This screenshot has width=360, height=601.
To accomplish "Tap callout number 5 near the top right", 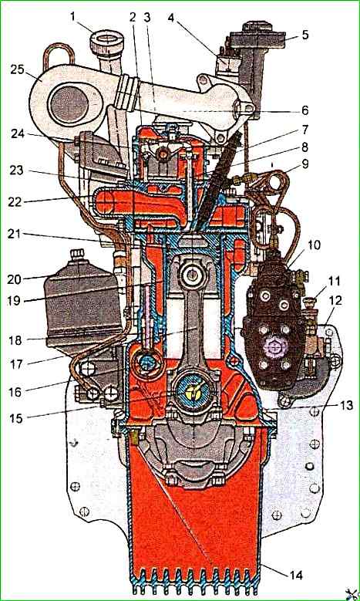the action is click(304, 35).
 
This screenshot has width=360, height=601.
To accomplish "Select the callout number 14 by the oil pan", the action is click(296, 575).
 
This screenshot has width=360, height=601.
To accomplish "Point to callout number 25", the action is click(17, 69).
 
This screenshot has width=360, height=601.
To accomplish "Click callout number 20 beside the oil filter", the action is click(15, 279).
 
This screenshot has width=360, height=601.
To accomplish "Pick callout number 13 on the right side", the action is click(347, 406).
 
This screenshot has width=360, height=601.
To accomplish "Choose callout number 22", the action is click(15, 201).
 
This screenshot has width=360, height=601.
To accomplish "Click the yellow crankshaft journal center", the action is click(193, 391).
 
